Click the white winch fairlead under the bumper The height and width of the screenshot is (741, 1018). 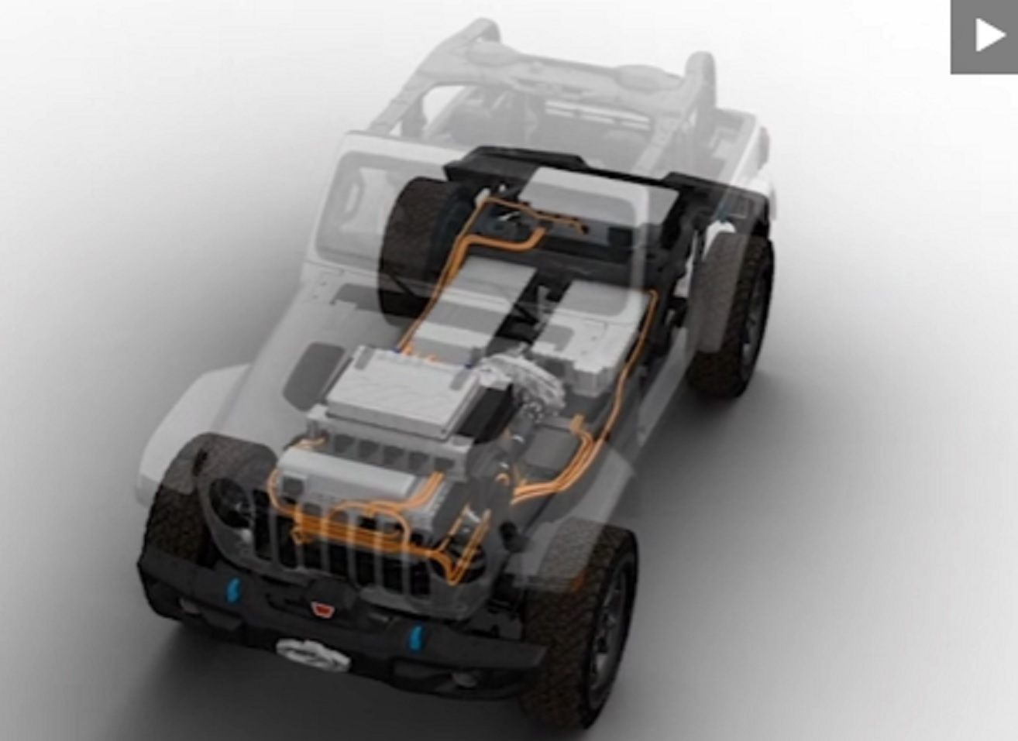313,652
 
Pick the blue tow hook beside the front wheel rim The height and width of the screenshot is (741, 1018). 416,636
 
